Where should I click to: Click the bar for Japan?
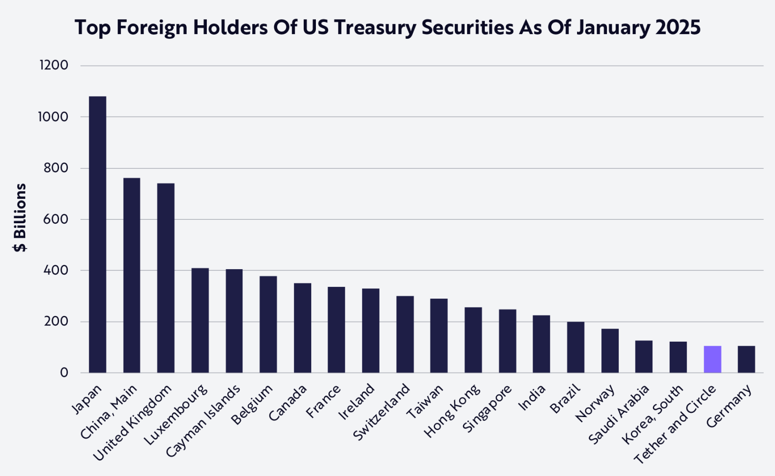[97, 234]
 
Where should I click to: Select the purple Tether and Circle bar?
[712, 359]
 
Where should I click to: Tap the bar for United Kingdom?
[166, 278]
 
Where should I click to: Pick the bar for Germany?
[746, 359]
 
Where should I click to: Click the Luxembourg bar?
[200, 321]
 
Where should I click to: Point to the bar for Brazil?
[576, 347]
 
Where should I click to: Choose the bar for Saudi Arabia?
[644, 357]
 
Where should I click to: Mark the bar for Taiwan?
[439, 336]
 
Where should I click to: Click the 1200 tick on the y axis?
[54, 65]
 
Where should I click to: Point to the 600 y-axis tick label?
[56, 219]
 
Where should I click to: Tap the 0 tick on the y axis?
[64, 373]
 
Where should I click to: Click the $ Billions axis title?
[20, 218]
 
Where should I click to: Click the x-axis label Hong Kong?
[452, 410]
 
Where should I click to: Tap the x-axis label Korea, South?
[652, 414]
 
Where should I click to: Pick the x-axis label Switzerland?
[382, 412]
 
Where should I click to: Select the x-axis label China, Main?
[109, 412]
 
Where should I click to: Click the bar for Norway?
[610, 351]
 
